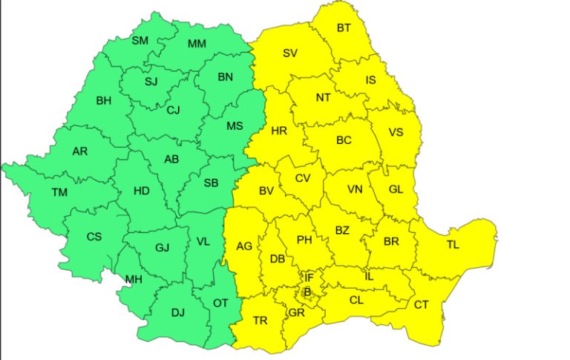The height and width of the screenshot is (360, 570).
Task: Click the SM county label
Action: pos(140,41)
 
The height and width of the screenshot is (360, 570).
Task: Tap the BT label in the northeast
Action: pos(344,28)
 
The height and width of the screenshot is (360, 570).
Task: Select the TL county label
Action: pos(453,245)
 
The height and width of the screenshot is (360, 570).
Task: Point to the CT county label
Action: pos(421,304)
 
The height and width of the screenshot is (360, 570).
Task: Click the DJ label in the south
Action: pos(178,312)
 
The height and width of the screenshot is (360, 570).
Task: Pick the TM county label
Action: pos(59,192)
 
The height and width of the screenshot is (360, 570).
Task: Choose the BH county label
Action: pos(104,100)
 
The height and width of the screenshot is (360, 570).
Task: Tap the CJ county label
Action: pos(173,111)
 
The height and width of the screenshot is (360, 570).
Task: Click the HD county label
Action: pos(141,191)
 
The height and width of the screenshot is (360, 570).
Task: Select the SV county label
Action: pos(290,53)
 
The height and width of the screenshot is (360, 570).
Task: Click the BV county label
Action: pos(266,191)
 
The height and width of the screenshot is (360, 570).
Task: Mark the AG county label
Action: pos(244,246)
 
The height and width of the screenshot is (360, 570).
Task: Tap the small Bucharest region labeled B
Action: pos(307,292)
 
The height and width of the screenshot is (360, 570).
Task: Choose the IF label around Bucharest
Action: pos(309,278)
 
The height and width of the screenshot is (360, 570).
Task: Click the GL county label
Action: pos(396,189)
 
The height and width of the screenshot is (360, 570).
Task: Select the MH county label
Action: pos(134,279)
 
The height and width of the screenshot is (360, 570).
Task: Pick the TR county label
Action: pos(260,321)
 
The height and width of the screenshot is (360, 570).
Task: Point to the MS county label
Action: pos(235,126)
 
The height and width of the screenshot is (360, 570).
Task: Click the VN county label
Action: pos(355,189)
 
